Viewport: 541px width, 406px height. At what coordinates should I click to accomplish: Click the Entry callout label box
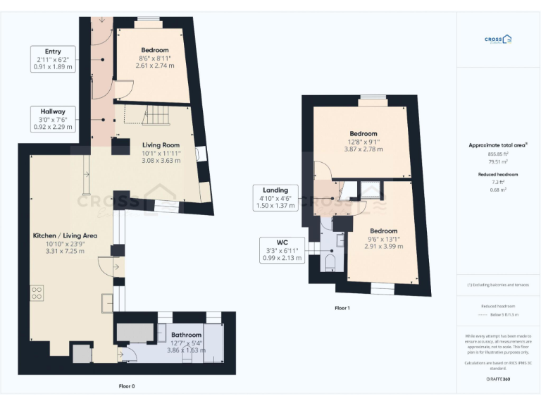(53, 60)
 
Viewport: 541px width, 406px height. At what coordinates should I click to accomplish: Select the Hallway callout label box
(53, 119)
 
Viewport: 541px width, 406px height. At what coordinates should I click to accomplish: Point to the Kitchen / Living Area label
(65, 242)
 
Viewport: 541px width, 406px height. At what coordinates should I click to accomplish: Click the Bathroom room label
(186, 342)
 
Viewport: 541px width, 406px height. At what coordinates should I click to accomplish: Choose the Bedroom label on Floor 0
(154, 57)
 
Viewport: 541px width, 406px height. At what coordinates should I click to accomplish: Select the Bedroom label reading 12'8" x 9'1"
(363, 141)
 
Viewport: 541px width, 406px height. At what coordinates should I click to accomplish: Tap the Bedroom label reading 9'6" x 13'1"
(384, 238)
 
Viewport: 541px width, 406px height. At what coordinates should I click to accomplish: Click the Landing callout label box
(275, 198)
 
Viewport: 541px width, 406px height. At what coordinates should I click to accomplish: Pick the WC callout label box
(282, 250)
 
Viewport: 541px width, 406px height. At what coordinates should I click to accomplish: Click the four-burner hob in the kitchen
(37, 293)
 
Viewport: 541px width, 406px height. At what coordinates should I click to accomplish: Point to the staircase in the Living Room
(156, 114)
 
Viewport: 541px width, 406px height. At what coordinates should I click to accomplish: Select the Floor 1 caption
(342, 308)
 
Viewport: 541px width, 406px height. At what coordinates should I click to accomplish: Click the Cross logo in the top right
(497, 40)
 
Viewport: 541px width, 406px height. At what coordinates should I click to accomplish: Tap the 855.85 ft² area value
(497, 154)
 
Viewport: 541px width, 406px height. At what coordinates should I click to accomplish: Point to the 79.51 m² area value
(497, 161)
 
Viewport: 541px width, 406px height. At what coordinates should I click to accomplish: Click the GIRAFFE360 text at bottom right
(497, 380)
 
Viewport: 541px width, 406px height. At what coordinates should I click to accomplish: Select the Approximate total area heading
(497, 145)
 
